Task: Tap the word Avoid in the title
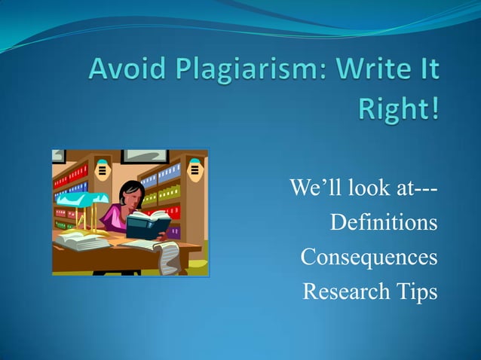click(x=126, y=73)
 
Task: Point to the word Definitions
click(x=384, y=223)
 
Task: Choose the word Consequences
click(x=369, y=258)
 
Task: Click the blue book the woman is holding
click(x=151, y=224)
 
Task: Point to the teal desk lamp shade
click(x=81, y=199)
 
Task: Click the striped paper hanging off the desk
click(x=166, y=258)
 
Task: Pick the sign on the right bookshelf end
click(x=195, y=170)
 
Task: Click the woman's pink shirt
click(x=115, y=218)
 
